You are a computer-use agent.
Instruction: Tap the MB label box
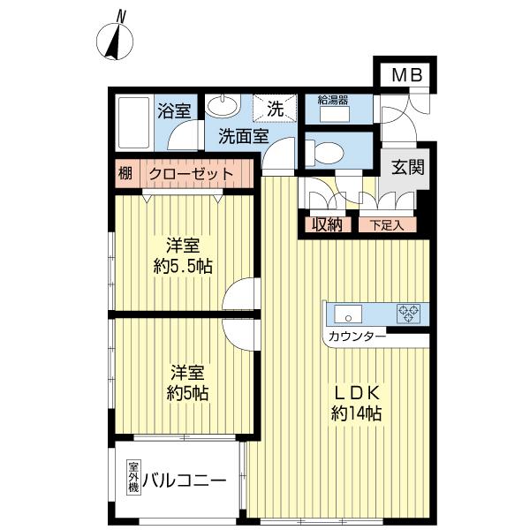point(405,75)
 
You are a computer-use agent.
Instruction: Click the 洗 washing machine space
point(274,110)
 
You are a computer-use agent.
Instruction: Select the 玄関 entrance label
point(405,166)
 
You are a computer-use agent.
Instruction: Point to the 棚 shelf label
point(125,174)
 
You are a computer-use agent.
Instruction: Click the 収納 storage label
point(326,224)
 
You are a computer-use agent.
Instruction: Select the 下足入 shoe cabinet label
point(387,224)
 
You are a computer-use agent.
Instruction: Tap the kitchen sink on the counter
point(347,312)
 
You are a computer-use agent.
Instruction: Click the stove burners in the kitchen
point(408,312)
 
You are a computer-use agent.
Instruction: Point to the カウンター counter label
point(356,337)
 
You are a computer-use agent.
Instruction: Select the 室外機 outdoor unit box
point(134,478)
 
